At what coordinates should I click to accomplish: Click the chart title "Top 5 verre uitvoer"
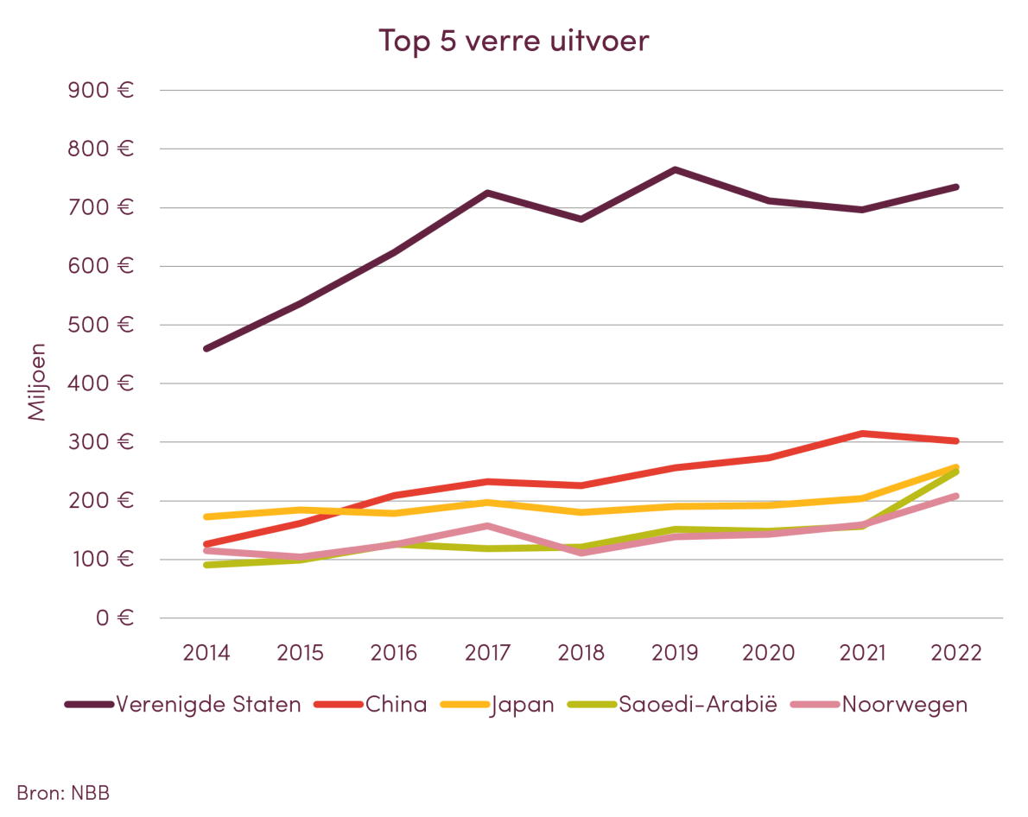click(x=513, y=41)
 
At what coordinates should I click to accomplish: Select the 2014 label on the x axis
click(x=206, y=652)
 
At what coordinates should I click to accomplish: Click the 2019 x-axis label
click(x=676, y=652)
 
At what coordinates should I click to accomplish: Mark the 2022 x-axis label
click(x=957, y=652)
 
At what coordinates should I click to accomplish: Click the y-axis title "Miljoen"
click(x=37, y=383)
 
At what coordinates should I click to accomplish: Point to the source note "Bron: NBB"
click(x=63, y=792)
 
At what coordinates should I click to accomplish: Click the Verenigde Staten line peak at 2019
click(x=676, y=169)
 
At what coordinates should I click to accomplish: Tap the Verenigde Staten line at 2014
click(x=206, y=349)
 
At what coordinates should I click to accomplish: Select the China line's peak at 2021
click(x=863, y=433)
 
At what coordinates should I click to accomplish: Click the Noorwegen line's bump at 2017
click(x=488, y=525)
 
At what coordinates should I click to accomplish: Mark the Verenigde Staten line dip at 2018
click(x=581, y=218)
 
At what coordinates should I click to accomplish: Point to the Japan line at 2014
click(x=206, y=516)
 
